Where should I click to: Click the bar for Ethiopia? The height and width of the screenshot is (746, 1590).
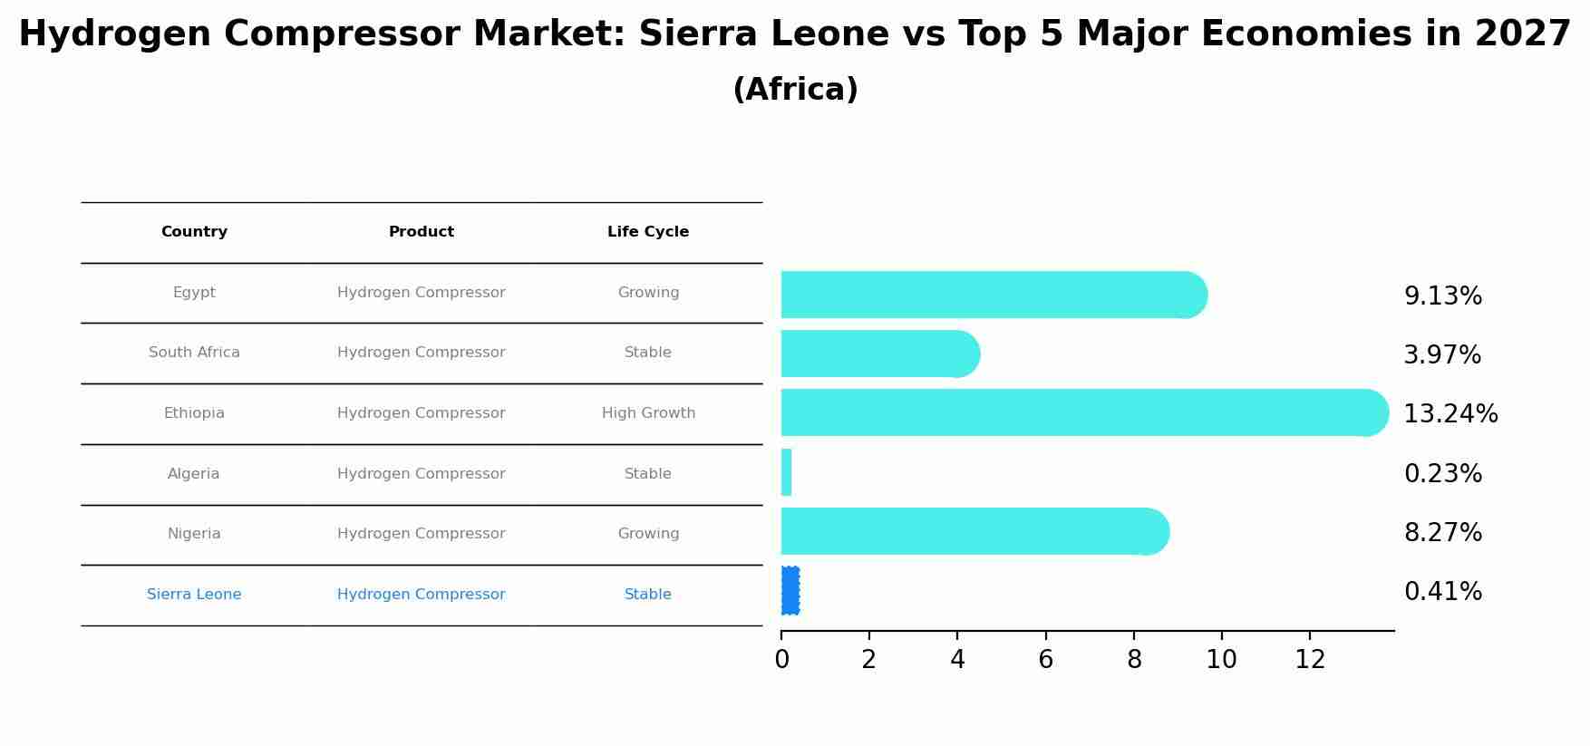tap(1083, 412)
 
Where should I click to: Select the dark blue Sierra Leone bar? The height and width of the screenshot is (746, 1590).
tap(790, 591)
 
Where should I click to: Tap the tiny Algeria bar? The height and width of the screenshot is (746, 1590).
tap(786, 472)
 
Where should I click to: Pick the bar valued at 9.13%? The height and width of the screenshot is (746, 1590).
tap(993, 295)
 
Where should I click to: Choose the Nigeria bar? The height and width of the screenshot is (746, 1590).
tap(974, 531)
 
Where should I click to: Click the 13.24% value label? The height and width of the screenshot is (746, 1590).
tap(1450, 414)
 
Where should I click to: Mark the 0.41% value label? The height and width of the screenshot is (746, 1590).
tap(1442, 592)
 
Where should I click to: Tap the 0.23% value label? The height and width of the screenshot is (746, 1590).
tap(1442, 474)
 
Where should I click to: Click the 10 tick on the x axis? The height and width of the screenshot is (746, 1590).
tap(1221, 660)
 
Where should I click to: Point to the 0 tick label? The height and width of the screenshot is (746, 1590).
tap(781, 660)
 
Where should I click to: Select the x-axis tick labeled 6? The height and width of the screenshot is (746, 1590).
tap(1045, 660)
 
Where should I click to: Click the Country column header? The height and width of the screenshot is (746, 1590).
tap(194, 232)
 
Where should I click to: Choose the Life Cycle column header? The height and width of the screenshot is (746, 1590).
tap(648, 232)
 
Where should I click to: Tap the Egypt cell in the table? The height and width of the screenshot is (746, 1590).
tap(194, 293)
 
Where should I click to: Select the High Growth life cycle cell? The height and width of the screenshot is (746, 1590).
tap(648, 413)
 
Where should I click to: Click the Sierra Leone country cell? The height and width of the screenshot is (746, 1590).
tap(194, 595)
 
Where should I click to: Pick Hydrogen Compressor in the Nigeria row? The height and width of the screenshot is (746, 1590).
tap(422, 534)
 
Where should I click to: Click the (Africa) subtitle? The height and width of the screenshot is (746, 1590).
tap(795, 90)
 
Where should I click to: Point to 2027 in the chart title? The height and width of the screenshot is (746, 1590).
tap(1522, 34)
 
